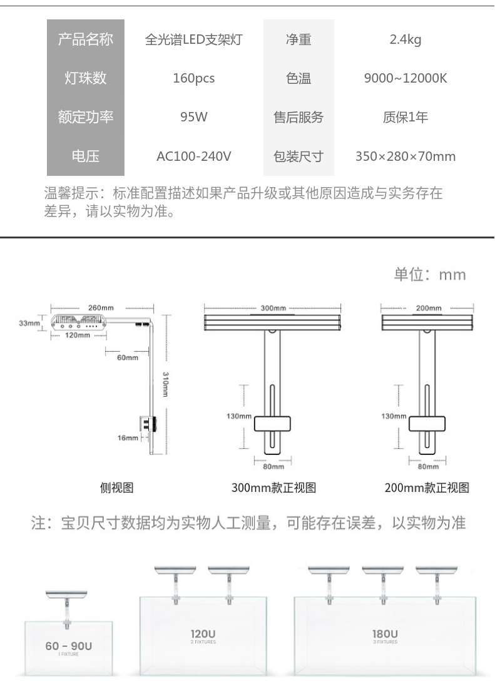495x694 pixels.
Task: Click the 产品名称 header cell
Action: coord(86,40)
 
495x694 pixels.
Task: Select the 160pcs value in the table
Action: coord(193,79)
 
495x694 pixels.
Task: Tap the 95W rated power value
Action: coord(193,117)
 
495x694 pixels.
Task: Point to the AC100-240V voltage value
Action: coord(193,156)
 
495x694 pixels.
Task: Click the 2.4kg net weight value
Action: coord(405,40)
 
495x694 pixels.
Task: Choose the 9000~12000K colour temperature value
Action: coord(405,79)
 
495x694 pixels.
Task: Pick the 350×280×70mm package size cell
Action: coord(405,156)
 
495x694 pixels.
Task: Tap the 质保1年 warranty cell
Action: coord(405,117)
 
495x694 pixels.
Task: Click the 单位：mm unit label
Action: coord(429,275)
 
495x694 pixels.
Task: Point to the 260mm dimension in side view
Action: coord(101,308)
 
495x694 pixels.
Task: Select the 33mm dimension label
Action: coord(29,324)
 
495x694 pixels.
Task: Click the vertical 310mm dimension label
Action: coord(165,384)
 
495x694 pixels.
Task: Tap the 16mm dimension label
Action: coord(128,438)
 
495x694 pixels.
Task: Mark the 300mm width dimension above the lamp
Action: coord(273,309)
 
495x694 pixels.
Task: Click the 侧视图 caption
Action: coord(117,487)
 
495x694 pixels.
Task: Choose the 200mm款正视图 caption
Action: coord(427,487)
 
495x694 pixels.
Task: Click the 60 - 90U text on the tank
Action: coord(68,646)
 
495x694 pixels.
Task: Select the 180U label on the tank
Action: coord(385,634)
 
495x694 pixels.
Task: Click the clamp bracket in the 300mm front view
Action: coord(273,423)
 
